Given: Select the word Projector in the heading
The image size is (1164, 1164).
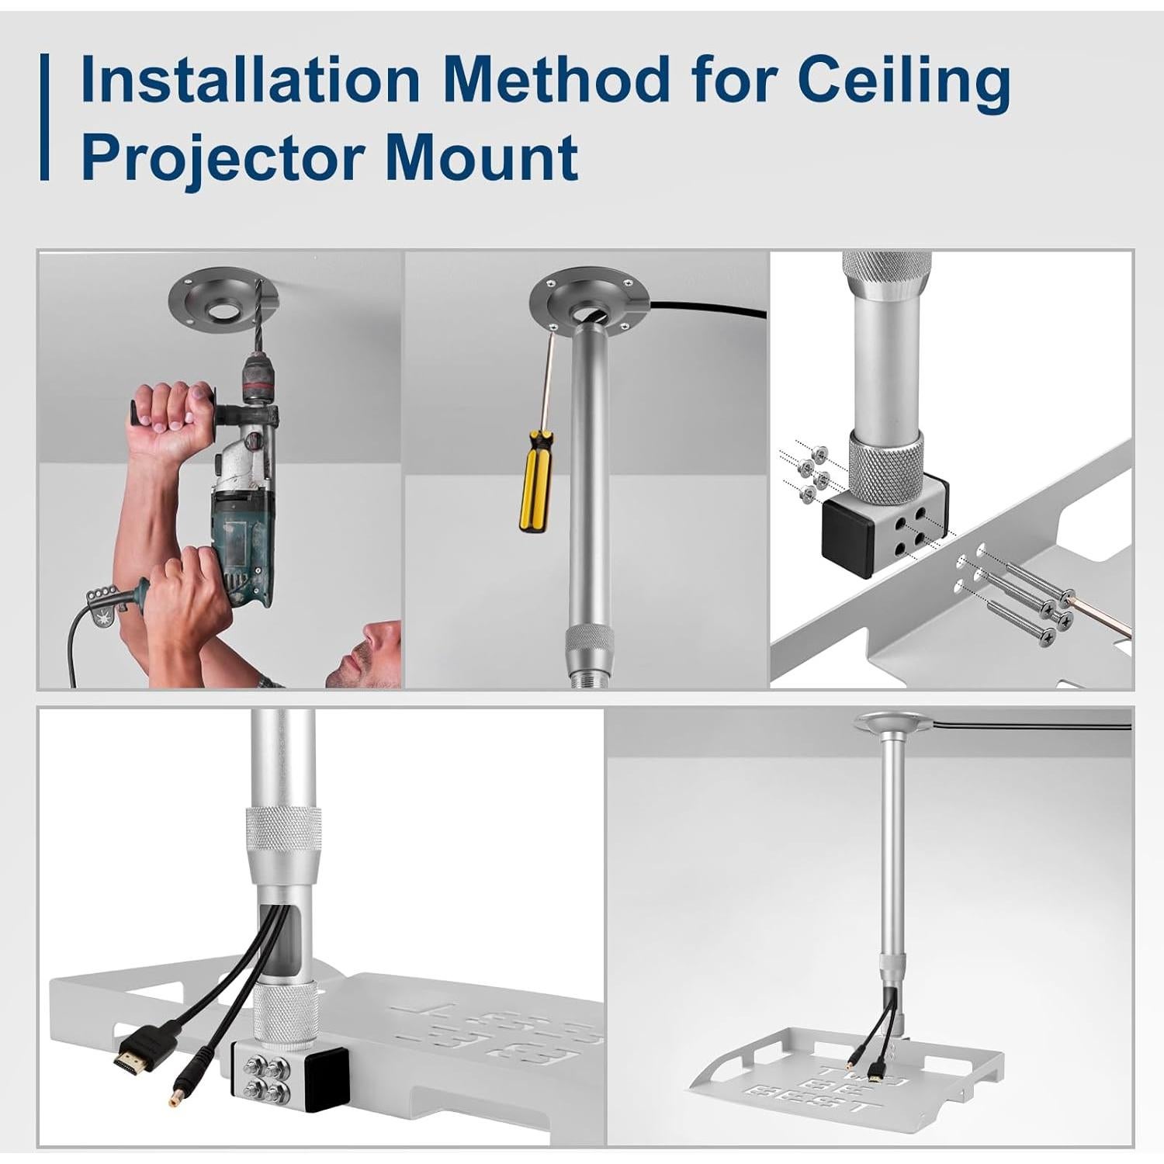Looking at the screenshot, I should click(222, 156).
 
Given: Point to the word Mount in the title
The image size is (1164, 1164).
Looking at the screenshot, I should click(481, 156).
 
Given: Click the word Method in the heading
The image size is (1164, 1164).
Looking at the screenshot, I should click(559, 79).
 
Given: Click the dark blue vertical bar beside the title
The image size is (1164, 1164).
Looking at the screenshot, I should click(45, 117).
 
